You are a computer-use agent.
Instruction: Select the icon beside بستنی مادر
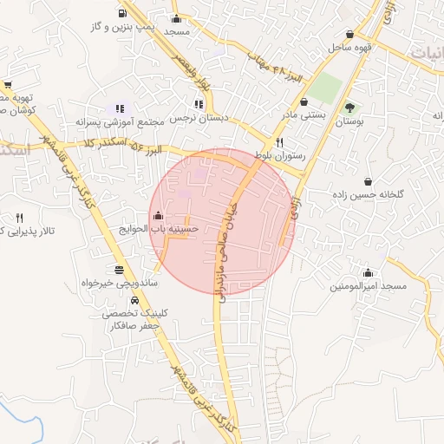304,101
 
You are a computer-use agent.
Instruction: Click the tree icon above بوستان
349,108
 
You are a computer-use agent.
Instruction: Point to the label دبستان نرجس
199,117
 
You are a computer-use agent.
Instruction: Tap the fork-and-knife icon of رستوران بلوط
278,143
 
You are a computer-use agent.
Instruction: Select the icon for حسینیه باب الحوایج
157,215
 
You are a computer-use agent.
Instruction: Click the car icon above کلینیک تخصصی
118,299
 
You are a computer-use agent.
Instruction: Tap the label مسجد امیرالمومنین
363,285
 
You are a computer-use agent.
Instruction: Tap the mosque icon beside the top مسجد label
177,19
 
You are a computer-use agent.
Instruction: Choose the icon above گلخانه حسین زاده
369,182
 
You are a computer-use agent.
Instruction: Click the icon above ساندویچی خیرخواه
118,269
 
